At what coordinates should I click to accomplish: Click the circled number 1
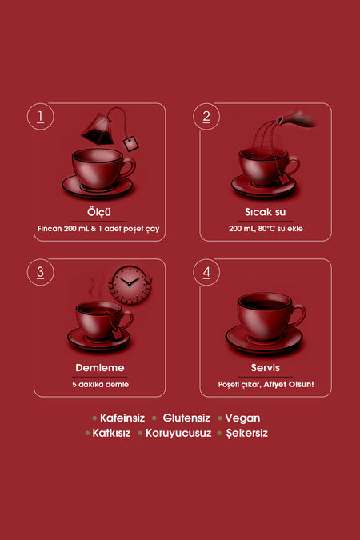[40, 117]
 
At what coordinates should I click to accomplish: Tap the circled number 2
[206, 117]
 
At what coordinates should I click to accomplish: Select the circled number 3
[40, 272]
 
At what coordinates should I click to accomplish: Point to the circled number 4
[206, 272]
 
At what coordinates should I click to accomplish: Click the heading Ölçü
[99, 212]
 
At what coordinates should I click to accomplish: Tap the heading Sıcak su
[265, 212]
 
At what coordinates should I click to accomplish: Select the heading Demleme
[99, 368]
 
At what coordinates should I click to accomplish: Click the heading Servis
[266, 368]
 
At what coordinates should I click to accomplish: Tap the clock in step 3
[130, 284]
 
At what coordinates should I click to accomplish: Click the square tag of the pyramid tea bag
[131, 144]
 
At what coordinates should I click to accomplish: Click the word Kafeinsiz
[122, 418]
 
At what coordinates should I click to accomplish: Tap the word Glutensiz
[186, 418]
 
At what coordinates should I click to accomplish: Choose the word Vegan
[242, 418]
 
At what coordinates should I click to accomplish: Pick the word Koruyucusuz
[178, 434]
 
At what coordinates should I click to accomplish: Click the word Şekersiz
[247, 434]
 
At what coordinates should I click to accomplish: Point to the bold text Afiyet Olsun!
[289, 384]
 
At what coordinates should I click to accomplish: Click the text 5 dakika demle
[100, 384]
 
